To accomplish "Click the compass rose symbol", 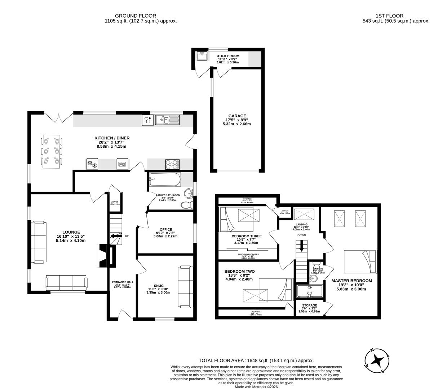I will [377, 361].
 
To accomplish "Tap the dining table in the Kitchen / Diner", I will [52, 151].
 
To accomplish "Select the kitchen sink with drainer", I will [167, 120].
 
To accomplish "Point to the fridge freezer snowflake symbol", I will [93, 165].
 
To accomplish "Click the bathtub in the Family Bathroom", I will [164, 179].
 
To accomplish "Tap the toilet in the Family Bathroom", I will [187, 205].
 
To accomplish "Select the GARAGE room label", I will [236, 116].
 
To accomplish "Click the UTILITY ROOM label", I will [228, 56].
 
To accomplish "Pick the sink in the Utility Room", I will [202, 56].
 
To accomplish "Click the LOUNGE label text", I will [71, 232].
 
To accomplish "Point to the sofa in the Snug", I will [185, 287].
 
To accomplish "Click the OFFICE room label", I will [166, 229].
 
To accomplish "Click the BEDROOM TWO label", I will [239, 272].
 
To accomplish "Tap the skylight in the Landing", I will [304, 214].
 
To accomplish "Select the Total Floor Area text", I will [256, 360].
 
